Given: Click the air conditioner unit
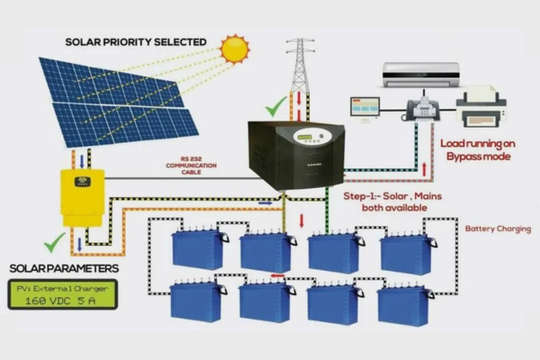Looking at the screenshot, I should (420, 73).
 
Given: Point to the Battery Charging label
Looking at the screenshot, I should (497, 229).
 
